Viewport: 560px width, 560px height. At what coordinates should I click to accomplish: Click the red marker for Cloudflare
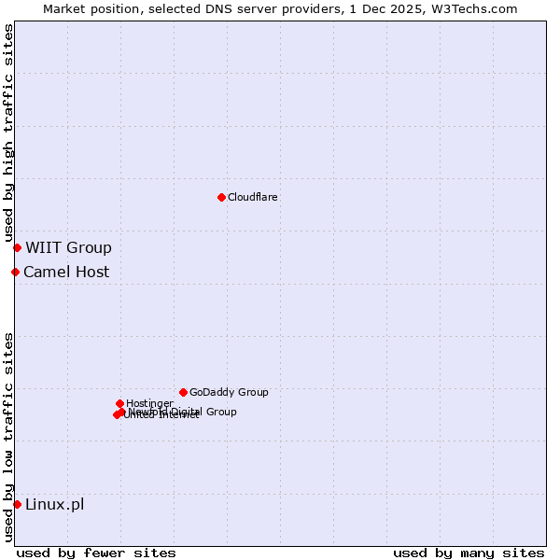(x=221, y=197)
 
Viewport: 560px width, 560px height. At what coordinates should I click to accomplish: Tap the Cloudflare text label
(x=253, y=197)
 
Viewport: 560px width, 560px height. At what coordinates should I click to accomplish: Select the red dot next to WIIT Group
(x=17, y=247)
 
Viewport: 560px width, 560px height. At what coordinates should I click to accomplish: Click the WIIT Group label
(x=68, y=247)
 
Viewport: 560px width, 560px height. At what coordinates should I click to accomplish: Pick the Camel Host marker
(x=15, y=272)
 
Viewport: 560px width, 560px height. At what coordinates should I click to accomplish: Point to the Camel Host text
(x=66, y=272)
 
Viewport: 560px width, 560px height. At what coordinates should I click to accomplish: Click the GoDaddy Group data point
(x=183, y=392)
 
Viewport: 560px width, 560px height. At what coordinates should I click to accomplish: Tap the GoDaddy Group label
(x=229, y=392)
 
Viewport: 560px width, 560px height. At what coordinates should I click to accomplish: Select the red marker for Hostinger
(x=119, y=403)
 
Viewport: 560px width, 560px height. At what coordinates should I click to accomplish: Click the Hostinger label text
(x=149, y=403)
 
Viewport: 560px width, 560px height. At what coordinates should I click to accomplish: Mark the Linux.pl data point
(x=17, y=504)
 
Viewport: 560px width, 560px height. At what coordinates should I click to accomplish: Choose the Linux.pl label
(x=54, y=504)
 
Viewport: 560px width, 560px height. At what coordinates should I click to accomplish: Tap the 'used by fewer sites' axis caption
(x=96, y=553)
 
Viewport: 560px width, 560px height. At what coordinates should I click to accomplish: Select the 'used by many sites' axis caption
(x=469, y=553)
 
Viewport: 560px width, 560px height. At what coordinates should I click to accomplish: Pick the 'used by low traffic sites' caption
(x=8, y=437)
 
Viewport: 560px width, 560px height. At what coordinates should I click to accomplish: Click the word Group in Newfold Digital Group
(x=220, y=412)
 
